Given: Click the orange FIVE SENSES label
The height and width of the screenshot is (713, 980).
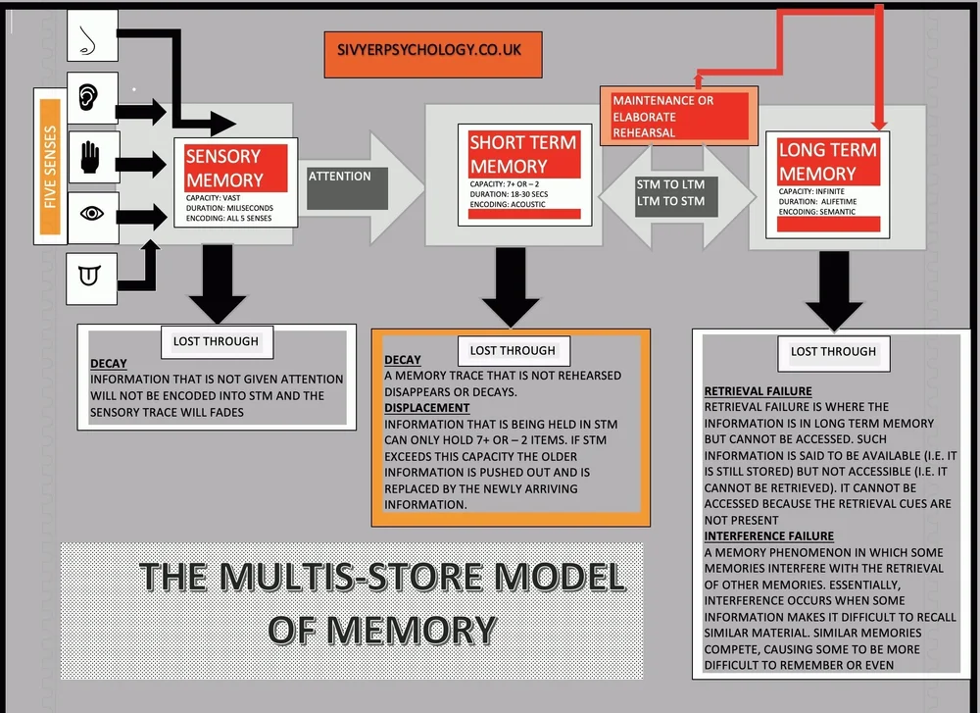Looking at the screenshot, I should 50,166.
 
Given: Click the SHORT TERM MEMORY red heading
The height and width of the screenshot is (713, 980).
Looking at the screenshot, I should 522,154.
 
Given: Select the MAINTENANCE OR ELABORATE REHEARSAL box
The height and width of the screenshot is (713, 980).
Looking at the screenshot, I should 676,115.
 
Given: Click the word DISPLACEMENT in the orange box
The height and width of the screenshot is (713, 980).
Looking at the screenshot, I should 426,407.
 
